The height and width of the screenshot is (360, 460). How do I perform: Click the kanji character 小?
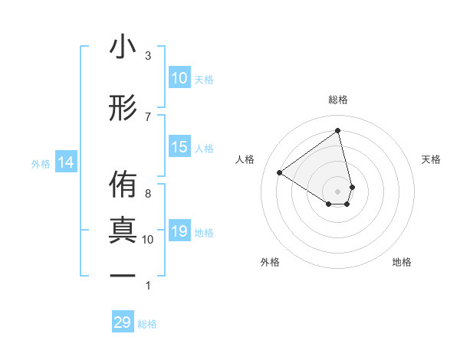[x=123, y=48]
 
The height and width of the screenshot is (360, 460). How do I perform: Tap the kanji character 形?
[x=123, y=108]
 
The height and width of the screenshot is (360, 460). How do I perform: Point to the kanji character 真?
[x=123, y=231]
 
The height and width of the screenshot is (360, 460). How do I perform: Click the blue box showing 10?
[x=179, y=78]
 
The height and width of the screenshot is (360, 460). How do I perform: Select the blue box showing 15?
[x=179, y=147]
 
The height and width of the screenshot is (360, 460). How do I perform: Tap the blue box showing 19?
[x=179, y=231]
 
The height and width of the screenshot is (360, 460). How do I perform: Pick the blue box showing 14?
[x=66, y=162]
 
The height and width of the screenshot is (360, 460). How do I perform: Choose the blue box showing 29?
[x=123, y=322]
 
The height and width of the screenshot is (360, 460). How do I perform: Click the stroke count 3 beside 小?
[x=148, y=56]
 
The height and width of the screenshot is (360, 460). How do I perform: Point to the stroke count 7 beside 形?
[x=148, y=116]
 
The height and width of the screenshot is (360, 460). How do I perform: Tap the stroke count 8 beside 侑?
[x=148, y=193]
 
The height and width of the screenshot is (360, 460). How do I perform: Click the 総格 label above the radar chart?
[x=338, y=100]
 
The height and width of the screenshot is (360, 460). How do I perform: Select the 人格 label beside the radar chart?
[x=245, y=159]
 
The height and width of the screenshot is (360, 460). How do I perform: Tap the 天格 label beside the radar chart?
[x=431, y=159]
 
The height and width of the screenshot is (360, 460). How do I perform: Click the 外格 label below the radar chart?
[x=270, y=262]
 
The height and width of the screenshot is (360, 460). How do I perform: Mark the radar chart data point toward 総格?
[x=338, y=130]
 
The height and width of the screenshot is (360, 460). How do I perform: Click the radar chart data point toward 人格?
[x=280, y=172]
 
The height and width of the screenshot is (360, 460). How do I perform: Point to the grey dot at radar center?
[x=338, y=191]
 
